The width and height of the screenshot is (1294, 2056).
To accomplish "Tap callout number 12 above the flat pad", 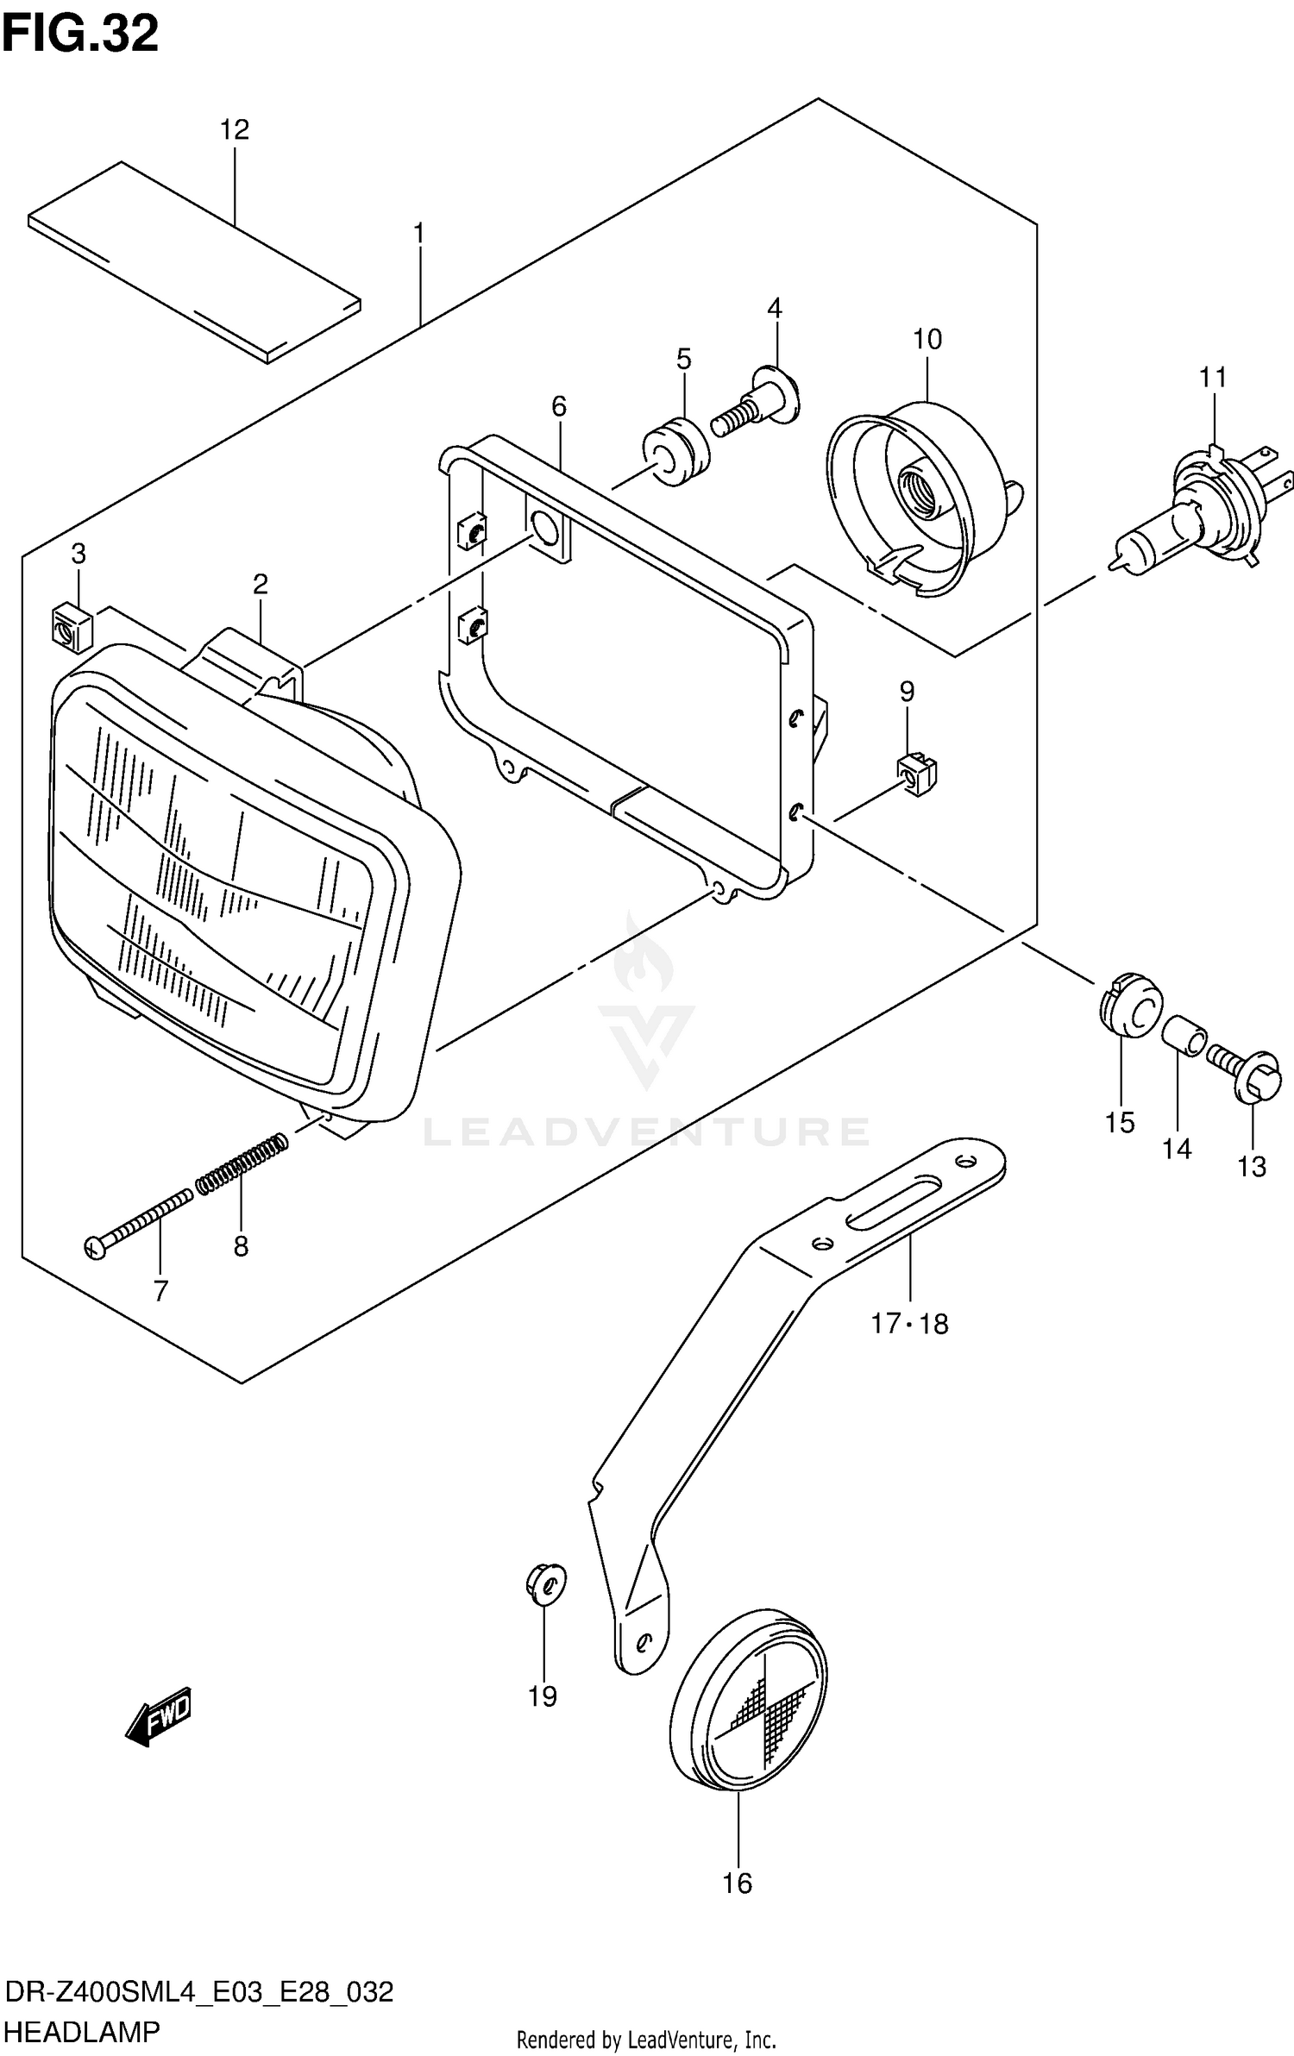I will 234,129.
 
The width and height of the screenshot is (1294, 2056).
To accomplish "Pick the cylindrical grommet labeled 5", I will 676,452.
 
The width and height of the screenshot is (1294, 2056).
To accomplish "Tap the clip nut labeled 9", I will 916,773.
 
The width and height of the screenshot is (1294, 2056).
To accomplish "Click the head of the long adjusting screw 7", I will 95,1248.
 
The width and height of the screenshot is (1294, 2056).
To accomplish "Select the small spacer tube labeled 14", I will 1182,1036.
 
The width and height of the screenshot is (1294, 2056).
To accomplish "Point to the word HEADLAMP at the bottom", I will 82,2031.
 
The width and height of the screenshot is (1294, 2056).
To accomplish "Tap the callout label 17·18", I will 909,1323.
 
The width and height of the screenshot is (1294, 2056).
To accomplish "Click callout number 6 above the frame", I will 559,405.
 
